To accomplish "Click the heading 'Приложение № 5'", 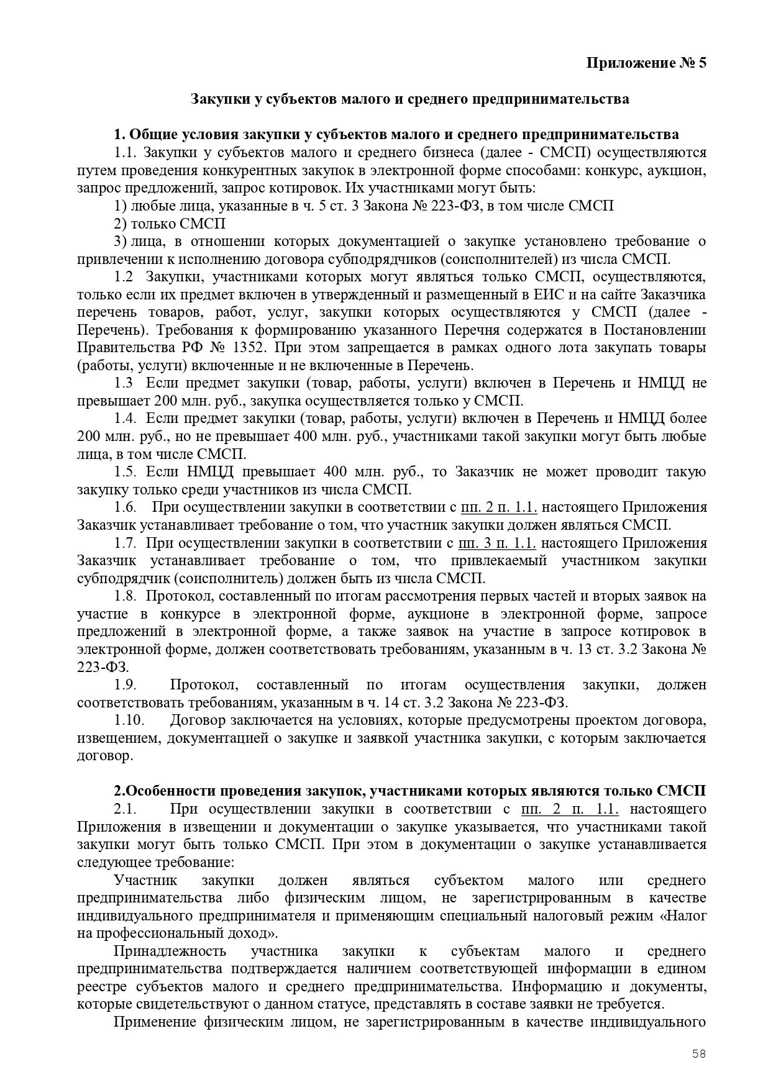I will click(647, 63).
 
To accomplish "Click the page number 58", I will click(700, 1053).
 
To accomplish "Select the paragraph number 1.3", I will click(123, 383).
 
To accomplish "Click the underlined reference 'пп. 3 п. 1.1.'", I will click(496, 543).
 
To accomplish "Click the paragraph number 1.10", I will click(129, 720).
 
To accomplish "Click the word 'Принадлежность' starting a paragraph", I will click(170, 951).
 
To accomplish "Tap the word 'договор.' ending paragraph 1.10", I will click(105, 756).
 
